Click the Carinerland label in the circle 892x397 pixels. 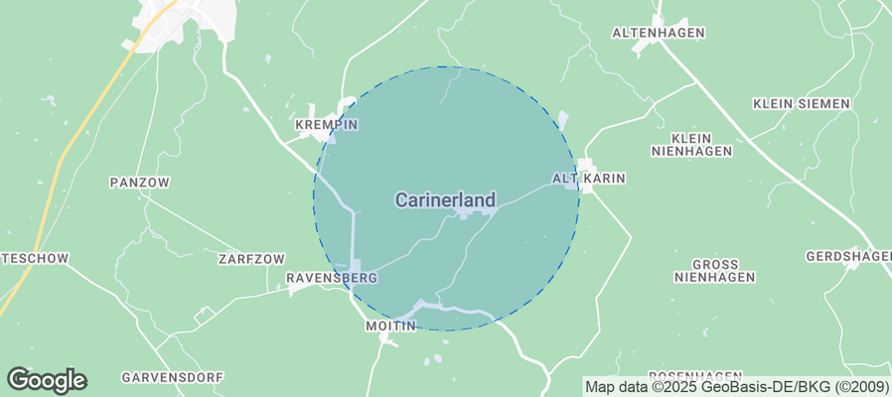pos(445,199)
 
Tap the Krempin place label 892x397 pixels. pos(326,125)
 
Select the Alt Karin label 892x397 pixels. pos(589,179)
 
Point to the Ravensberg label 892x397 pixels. pos(331,278)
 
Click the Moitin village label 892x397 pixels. pos(389,326)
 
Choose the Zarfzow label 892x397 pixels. pos(243,258)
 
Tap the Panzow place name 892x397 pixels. pos(140,183)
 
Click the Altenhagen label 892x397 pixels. pos(658,33)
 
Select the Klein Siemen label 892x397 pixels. pos(801,103)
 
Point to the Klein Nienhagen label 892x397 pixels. pos(691,144)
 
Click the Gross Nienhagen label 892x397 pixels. pos(715,270)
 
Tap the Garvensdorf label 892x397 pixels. pos(173,377)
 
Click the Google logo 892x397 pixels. pos(47,379)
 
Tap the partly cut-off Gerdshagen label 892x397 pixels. pos(848,256)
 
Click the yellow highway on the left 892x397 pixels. pos(70,149)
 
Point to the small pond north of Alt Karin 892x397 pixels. pos(563,121)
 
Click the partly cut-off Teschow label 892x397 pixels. pos(35,258)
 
